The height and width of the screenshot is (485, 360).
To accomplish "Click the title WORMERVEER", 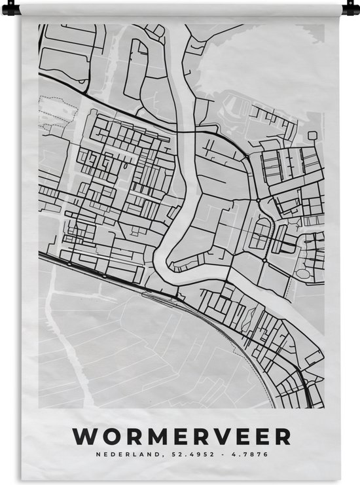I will tap(181, 436).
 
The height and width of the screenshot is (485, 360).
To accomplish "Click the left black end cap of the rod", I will tap(14, 9).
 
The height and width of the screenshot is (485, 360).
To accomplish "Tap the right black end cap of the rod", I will tap(345, 9).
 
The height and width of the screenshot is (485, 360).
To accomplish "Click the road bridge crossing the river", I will tap(185, 132).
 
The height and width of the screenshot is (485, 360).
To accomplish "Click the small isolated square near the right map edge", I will tap(313, 135).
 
